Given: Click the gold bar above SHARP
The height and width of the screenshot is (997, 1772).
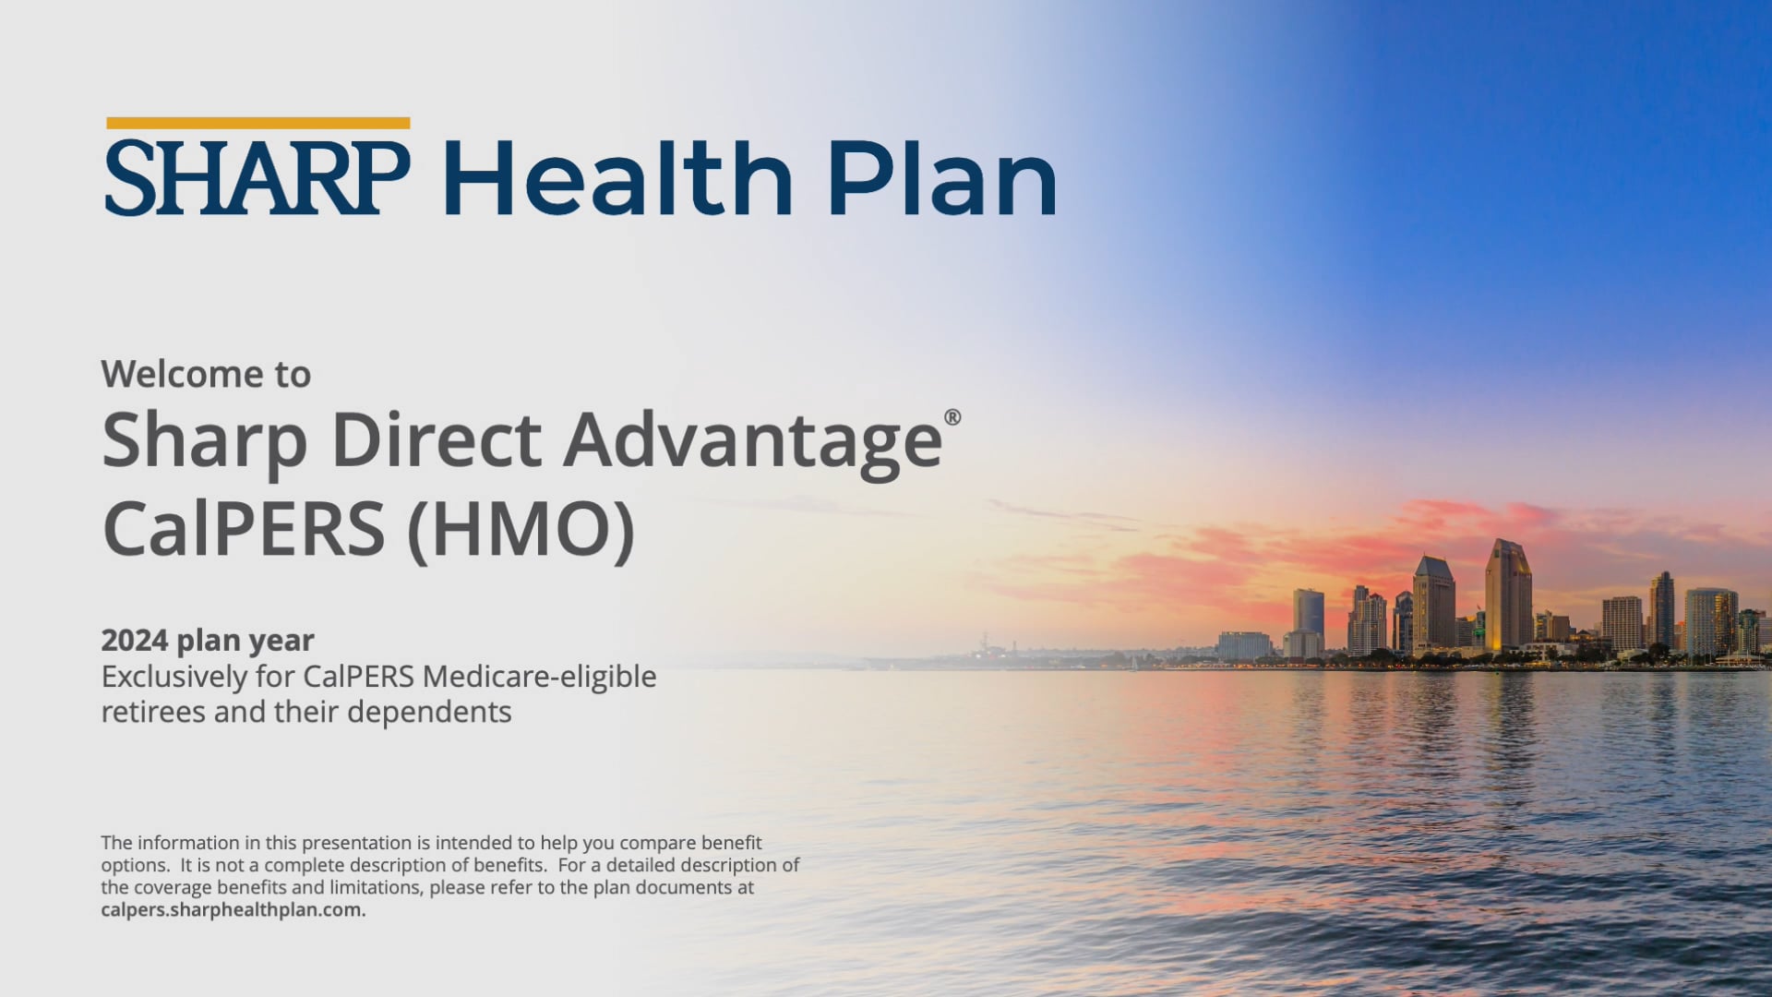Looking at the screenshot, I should click(257, 123).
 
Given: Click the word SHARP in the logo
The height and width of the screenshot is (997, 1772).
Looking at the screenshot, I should click(257, 178).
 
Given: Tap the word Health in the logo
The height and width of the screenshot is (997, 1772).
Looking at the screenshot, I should click(617, 178).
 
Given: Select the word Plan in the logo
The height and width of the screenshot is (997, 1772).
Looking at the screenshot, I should click(941, 178).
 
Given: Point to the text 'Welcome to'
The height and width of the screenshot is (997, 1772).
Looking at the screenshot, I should click(206, 374).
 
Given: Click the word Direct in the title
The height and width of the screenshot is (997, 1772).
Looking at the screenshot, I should click(436, 440).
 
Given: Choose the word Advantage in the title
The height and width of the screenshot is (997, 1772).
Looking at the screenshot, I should click(752, 440).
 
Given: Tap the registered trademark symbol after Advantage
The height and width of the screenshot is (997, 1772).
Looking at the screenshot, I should click(952, 417).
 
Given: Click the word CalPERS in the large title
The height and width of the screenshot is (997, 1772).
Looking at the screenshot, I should click(243, 528).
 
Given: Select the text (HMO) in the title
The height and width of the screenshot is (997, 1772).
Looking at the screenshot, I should click(521, 528).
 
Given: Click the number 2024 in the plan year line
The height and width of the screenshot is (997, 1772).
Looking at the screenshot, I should click(134, 640).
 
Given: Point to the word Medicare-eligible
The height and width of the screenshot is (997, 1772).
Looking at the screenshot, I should click(539, 677).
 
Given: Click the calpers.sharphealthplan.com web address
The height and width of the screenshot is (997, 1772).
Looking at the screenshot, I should click(233, 909).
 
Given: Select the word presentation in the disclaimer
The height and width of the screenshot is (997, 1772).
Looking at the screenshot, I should click(356, 843).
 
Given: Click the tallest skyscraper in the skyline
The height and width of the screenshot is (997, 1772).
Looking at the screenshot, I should click(1507, 595).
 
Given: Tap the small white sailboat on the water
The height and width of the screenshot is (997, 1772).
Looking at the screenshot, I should click(1133, 661).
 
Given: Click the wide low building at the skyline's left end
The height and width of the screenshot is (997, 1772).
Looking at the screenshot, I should click(1243, 644).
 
